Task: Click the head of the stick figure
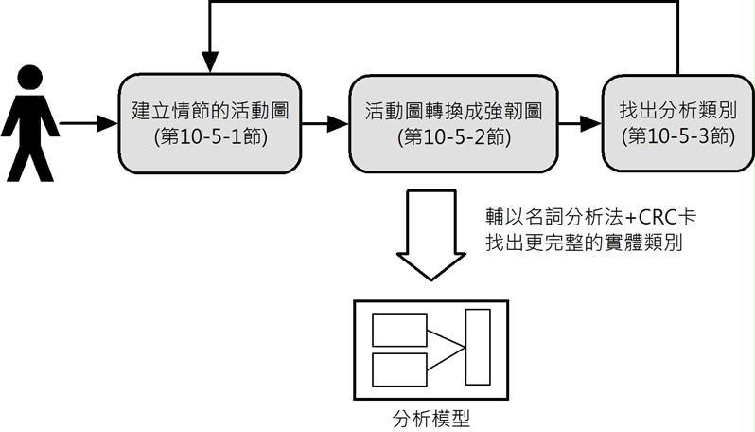coord(30,77)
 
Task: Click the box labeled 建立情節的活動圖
coord(210,123)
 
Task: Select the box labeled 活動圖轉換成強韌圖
coord(453,123)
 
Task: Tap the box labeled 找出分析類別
coord(678,123)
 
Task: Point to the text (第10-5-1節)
coord(211,137)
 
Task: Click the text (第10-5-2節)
coord(454,137)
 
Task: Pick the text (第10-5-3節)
coord(678,137)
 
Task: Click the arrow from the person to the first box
coord(89,123)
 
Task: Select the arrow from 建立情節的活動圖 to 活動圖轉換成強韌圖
coord(325,123)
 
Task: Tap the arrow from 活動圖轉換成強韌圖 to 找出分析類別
coord(580,123)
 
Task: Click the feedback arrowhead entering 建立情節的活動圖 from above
coord(210,63)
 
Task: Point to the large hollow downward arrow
coord(430,235)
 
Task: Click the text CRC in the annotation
coord(658,217)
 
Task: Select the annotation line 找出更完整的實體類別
coord(584,243)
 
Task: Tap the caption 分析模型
coord(430,419)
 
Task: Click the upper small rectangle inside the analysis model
coord(399,330)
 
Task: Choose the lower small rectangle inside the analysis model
coord(399,369)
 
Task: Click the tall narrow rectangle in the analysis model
coord(478,347)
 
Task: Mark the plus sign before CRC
coord(631,218)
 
